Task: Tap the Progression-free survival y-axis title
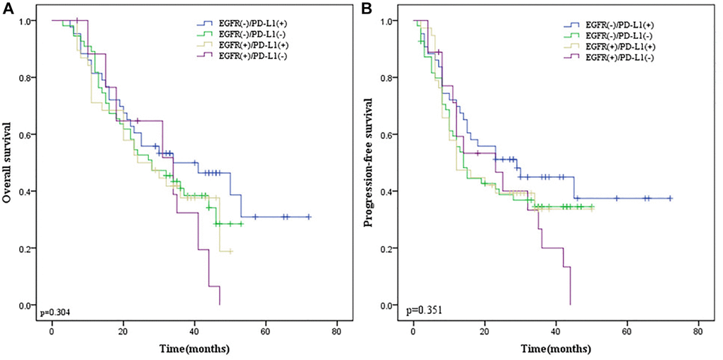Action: pyautogui.click(x=369, y=163)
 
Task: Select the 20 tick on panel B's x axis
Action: pyautogui.click(x=484, y=332)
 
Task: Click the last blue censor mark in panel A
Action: pyautogui.click(x=308, y=217)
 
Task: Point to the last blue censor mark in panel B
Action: pyautogui.click(x=670, y=198)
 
